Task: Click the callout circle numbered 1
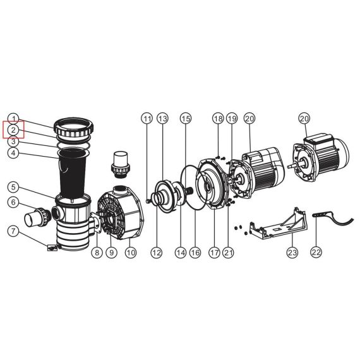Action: pyautogui.click(x=13, y=119)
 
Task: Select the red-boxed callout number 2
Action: pyautogui.click(x=13, y=130)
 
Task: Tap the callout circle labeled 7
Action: pyautogui.click(x=13, y=231)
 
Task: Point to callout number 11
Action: pyautogui.click(x=147, y=119)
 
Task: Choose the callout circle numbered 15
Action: pyautogui.click(x=186, y=119)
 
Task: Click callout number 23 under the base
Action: pyautogui.click(x=292, y=253)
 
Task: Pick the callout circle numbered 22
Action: pyautogui.click(x=316, y=253)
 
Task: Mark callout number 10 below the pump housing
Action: pyautogui.click(x=131, y=253)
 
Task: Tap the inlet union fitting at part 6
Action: pyautogui.click(x=37, y=217)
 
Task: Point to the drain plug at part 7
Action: pyautogui.click(x=52, y=248)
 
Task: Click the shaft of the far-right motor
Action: pyautogui.click(x=293, y=165)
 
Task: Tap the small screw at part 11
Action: pyautogui.click(x=148, y=201)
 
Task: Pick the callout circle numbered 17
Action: pyautogui.click(x=214, y=253)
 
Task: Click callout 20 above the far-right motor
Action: pyautogui.click(x=304, y=119)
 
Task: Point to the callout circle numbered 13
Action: pyautogui.click(x=162, y=119)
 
